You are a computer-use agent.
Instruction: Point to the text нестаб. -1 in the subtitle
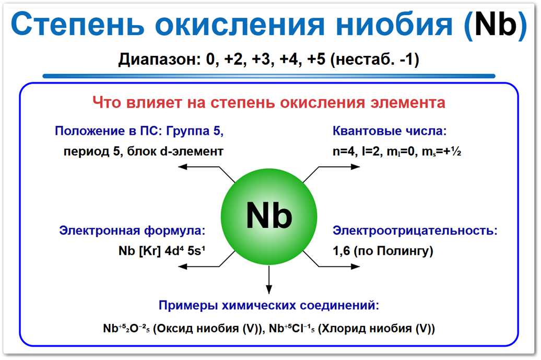pos(377,60)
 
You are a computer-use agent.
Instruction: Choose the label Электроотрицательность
pos(415,230)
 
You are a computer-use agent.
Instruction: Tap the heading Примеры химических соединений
pos(268,305)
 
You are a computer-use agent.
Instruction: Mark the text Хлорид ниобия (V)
pos(377,329)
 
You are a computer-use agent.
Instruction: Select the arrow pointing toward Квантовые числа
pos(334,168)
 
